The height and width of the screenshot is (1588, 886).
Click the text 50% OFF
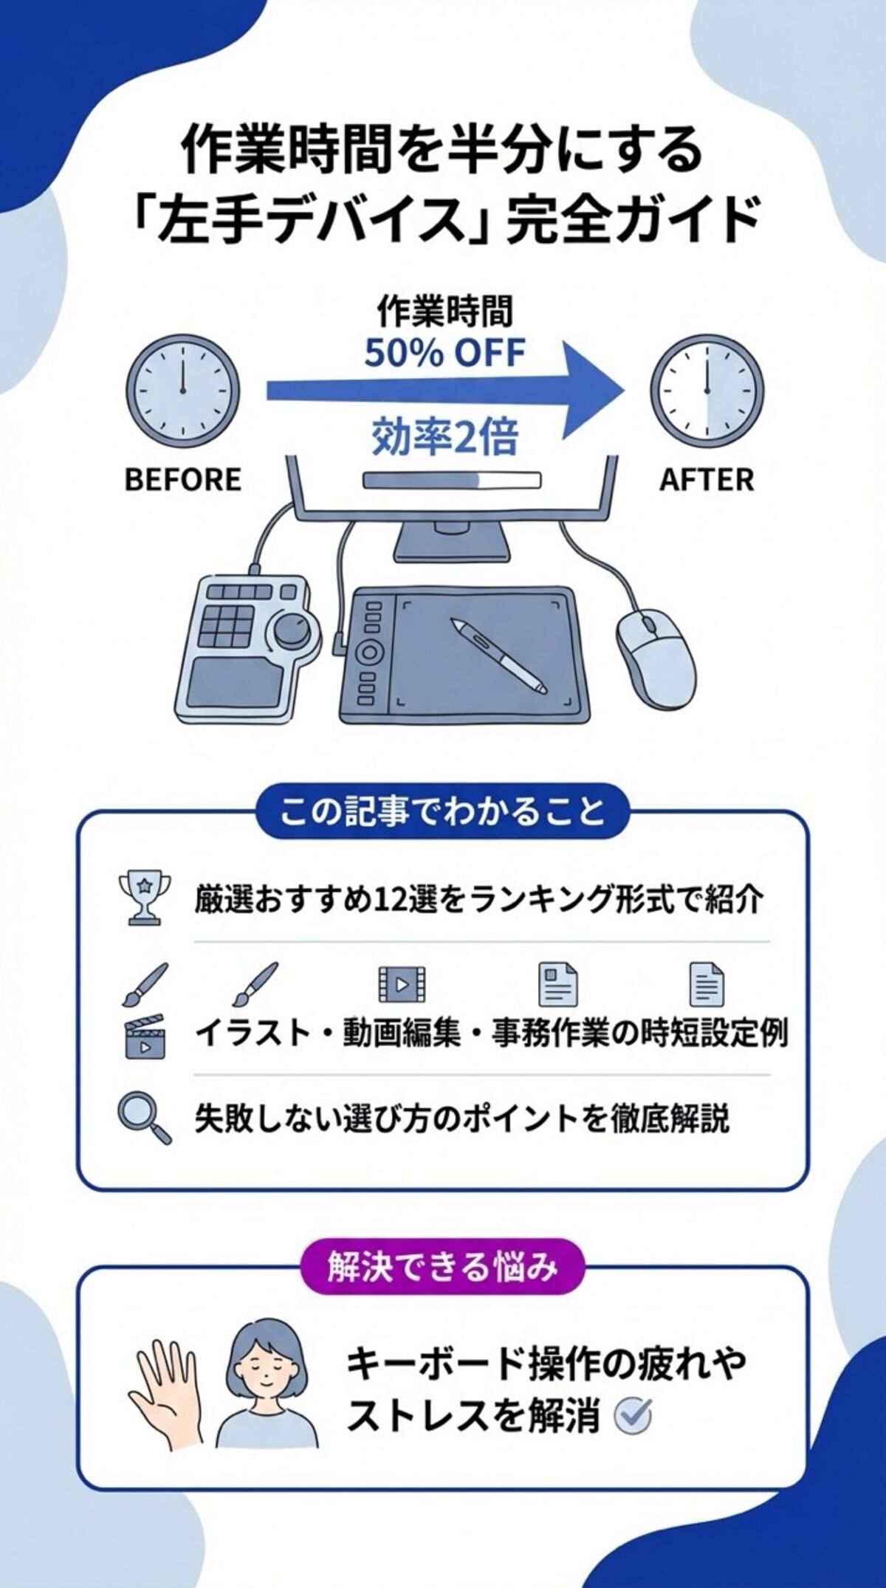pyautogui.click(x=444, y=354)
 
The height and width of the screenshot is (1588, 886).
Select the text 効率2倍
pyautogui.click(x=444, y=436)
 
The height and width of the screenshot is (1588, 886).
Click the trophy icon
pyautogui.click(x=143, y=897)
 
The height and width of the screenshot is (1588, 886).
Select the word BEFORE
pyautogui.click(x=183, y=480)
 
